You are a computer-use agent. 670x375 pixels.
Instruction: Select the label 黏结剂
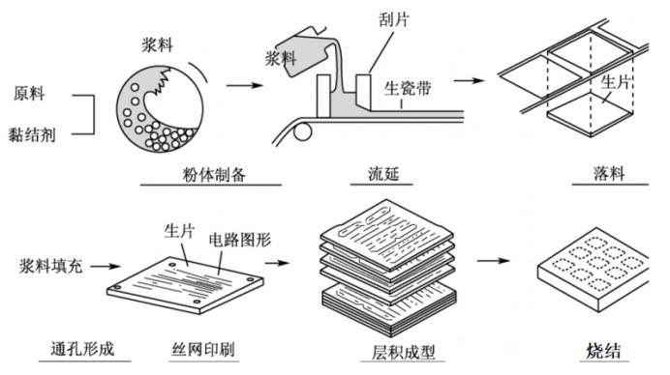coord(35,135)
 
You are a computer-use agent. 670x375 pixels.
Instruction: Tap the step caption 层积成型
coord(386,350)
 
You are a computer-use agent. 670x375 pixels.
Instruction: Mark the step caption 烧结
coord(606,350)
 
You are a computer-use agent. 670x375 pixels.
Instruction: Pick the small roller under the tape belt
coord(301,127)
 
